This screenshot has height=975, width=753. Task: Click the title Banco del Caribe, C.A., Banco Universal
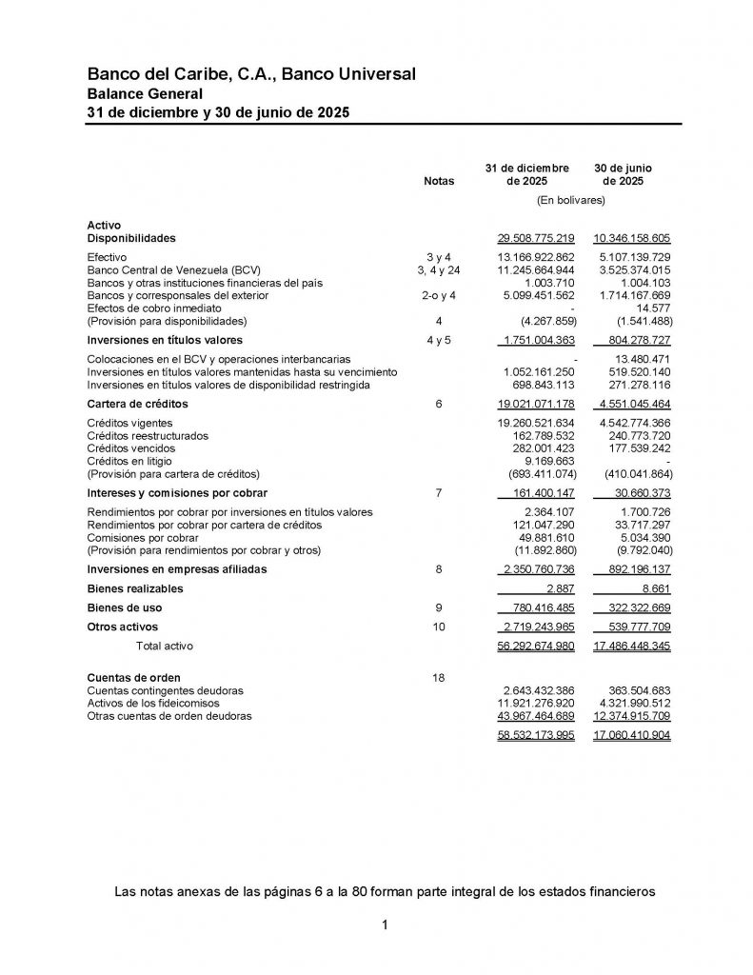[250, 74]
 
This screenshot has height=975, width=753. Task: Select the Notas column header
[439, 181]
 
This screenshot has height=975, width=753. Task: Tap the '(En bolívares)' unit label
[571, 201]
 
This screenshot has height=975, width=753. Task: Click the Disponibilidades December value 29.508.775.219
[536, 238]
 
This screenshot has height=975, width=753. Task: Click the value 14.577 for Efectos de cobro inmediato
[652, 308]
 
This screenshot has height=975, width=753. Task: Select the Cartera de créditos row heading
[137, 405]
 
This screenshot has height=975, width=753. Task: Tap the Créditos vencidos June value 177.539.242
[636, 448]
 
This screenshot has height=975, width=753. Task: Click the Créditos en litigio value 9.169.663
[545, 462]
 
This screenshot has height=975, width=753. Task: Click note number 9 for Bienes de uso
[439, 608]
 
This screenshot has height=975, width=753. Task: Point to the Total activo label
[164, 647]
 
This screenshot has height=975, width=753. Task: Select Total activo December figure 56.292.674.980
[536, 647]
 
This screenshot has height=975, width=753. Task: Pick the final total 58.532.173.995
[536, 736]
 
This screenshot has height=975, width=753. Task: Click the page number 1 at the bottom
[384, 925]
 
